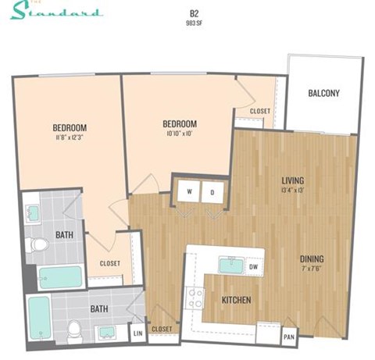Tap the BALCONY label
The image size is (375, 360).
click(x=323, y=94)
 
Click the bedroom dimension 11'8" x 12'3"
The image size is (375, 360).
click(x=70, y=138)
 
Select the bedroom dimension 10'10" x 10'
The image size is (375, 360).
click(x=179, y=134)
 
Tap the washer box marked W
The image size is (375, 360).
click(x=188, y=191)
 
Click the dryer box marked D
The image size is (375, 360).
click(x=212, y=191)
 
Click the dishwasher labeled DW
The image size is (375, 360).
click(x=252, y=266)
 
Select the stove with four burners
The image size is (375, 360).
click(x=194, y=298)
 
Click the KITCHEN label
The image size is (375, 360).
click(x=236, y=299)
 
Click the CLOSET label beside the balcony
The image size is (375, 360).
click(x=259, y=112)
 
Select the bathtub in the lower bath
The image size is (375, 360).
click(x=38, y=316)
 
